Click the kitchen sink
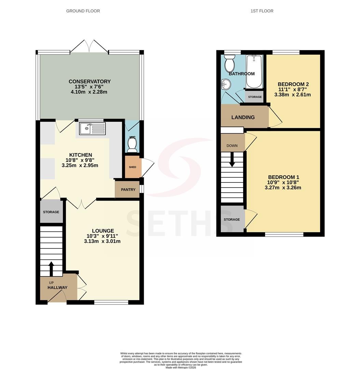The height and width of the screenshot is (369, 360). point(92,128)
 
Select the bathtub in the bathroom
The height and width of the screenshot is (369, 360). point(254,71)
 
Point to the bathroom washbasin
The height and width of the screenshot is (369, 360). point(226,84)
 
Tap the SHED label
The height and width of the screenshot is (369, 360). point(133,167)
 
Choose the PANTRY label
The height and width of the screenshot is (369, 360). point(128,190)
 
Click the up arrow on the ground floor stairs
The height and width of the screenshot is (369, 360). point(51,269)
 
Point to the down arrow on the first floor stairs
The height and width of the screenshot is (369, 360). point(232,160)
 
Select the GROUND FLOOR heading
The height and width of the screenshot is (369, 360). point(83,11)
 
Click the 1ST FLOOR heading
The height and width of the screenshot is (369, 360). point(262,11)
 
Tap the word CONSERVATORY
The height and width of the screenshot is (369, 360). point(89,81)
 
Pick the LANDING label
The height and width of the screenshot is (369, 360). point(243,117)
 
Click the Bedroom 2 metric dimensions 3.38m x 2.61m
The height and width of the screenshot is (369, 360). point(292,95)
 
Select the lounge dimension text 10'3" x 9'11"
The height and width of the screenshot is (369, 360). point(102,236)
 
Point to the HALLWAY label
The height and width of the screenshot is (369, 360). point(57,288)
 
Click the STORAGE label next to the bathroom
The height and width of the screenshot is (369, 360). point(255,97)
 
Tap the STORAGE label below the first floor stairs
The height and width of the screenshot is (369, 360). point(232,220)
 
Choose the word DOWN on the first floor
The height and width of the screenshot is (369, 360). point(232,146)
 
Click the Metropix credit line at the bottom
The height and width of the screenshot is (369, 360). point(181,367)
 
